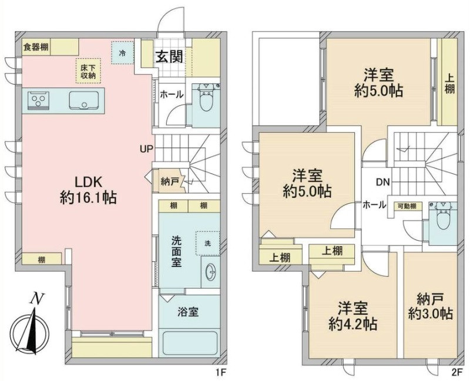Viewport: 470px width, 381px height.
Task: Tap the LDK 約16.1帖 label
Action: click(x=89, y=190)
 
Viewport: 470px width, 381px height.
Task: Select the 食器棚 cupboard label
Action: click(x=36, y=47)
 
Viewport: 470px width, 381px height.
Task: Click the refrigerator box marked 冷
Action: click(x=122, y=52)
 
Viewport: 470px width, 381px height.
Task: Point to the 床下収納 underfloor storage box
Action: click(x=88, y=70)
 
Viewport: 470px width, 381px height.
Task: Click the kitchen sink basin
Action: click(x=84, y=100)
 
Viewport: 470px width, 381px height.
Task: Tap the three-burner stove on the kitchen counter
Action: click(x=38, y=100)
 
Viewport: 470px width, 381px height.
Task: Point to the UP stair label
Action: click(x=146, y=149)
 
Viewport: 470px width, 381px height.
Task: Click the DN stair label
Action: click(x=383, y=182)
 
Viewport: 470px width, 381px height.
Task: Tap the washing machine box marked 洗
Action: click(x=208, y=243)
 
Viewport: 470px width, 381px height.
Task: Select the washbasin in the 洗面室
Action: click(x=211, y=272)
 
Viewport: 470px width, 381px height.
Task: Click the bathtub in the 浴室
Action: click(x=189, y=342)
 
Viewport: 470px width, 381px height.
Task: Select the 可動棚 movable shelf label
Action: click(x=407, y=206)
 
